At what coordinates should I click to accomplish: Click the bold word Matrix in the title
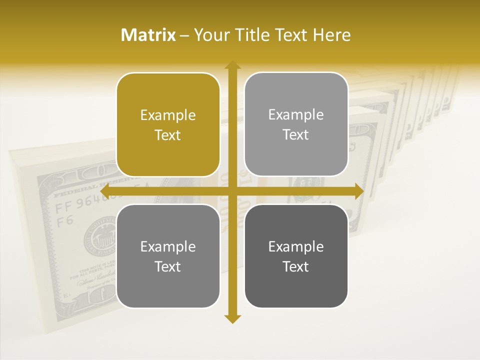point(148,35)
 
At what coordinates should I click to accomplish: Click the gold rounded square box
point(168,124)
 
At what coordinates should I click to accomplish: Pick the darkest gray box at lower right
point(296,256)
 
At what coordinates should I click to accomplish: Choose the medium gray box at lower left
point(168,256)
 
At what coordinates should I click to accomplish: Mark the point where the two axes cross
point(232,191)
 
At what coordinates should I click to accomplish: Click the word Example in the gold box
point(168,115)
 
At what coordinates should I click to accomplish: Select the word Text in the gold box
point(168,135)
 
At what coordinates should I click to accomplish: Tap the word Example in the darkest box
point(296,246)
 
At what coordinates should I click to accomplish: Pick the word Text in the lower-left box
point(168,266)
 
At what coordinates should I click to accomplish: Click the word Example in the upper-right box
point(296,115)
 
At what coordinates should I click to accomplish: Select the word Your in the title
point(210,35)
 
